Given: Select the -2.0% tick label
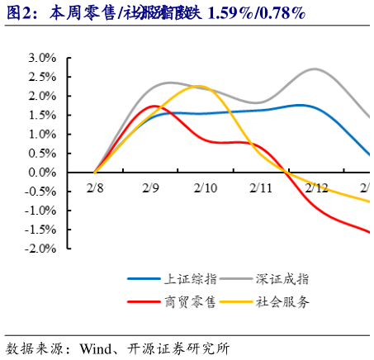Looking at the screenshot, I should pos(38,249).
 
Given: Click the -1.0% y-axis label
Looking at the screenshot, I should pos(38,211).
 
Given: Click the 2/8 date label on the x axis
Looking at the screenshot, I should pos(96,188).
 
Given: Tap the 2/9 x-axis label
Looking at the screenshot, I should pos(150,188).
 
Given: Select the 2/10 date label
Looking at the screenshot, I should pos(205,188).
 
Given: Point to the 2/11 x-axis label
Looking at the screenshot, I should pos(260,188).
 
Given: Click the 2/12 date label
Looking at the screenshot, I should pos(315,188).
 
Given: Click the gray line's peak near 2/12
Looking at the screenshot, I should pos(315,69).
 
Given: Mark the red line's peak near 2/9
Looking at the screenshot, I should pos(154,106).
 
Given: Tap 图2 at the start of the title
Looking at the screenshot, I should pos(20,12).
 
